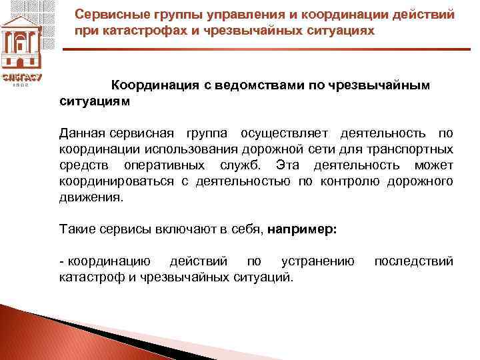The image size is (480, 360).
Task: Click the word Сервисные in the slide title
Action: point(106,14)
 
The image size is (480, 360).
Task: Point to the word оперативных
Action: point(173,165)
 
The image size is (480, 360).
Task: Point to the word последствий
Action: point(413,260)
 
